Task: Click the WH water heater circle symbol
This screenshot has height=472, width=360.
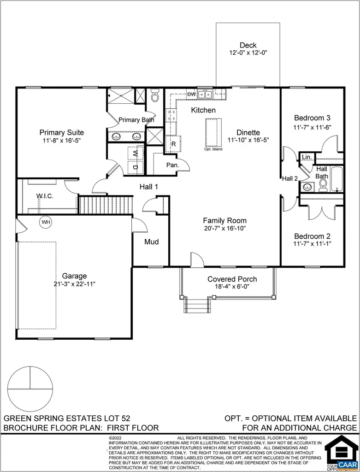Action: [x=46, y=222]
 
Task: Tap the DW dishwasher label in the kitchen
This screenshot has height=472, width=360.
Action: [x=191, y=94]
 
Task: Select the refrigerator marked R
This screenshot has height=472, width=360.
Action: [x=173, y=144]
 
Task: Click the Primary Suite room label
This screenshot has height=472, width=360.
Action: [x=61, y=132]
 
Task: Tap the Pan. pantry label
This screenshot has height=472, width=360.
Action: [x=172, y=165]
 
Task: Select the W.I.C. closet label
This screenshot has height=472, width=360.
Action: [x=45, y=196]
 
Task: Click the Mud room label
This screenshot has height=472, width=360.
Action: [x=151, y=242]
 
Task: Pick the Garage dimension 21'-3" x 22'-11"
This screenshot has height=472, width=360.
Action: [x=75, y=284]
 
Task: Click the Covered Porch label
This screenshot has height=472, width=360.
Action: [x=232, y=279]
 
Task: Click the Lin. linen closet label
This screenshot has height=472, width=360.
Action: [x=307, y=157]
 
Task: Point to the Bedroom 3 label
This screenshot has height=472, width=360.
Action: [x=312, y=118]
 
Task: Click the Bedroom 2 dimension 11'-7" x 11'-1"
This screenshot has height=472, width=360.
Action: [x=312, y=243]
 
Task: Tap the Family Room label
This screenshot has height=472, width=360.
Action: [x=224, y=220]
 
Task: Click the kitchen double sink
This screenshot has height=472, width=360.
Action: [x=205, y=94]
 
